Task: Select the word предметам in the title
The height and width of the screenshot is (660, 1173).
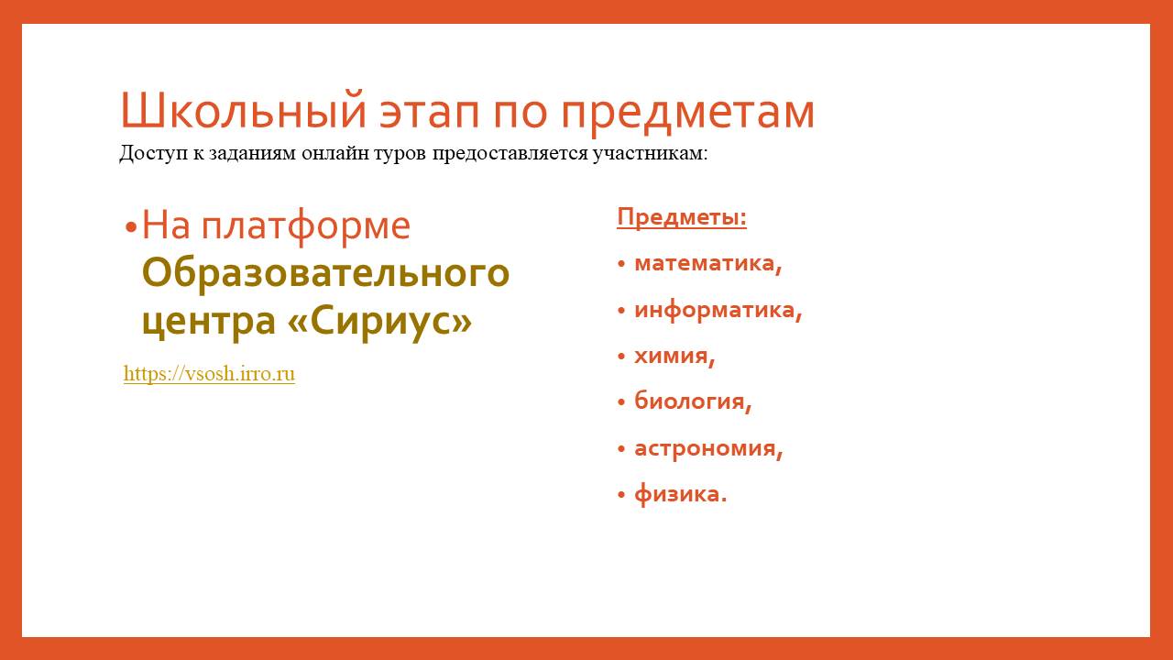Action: point(687,115)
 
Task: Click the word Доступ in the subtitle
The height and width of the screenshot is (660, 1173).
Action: point(153,153)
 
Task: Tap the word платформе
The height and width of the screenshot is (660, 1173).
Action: point(306,227)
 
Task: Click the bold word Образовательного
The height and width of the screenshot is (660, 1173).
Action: point(325,273)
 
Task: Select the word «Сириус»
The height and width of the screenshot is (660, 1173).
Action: point(380,320)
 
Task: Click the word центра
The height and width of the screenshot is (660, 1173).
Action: point(208,322)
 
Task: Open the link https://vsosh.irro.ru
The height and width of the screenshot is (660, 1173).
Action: point(210,373)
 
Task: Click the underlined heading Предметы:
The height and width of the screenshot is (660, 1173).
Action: point(682,217)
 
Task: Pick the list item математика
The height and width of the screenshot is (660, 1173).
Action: point(708,263)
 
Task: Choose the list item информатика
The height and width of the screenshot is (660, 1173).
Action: point(718,310)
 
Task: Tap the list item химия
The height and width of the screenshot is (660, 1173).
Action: point(674,357)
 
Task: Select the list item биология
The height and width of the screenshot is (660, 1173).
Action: point(693,401)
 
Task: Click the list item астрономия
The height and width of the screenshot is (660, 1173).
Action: point(708,449)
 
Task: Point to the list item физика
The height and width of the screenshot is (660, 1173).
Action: point(681,494)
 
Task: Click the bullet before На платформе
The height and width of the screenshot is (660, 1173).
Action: point(131,228)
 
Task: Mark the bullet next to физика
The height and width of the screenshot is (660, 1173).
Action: point(621,494)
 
